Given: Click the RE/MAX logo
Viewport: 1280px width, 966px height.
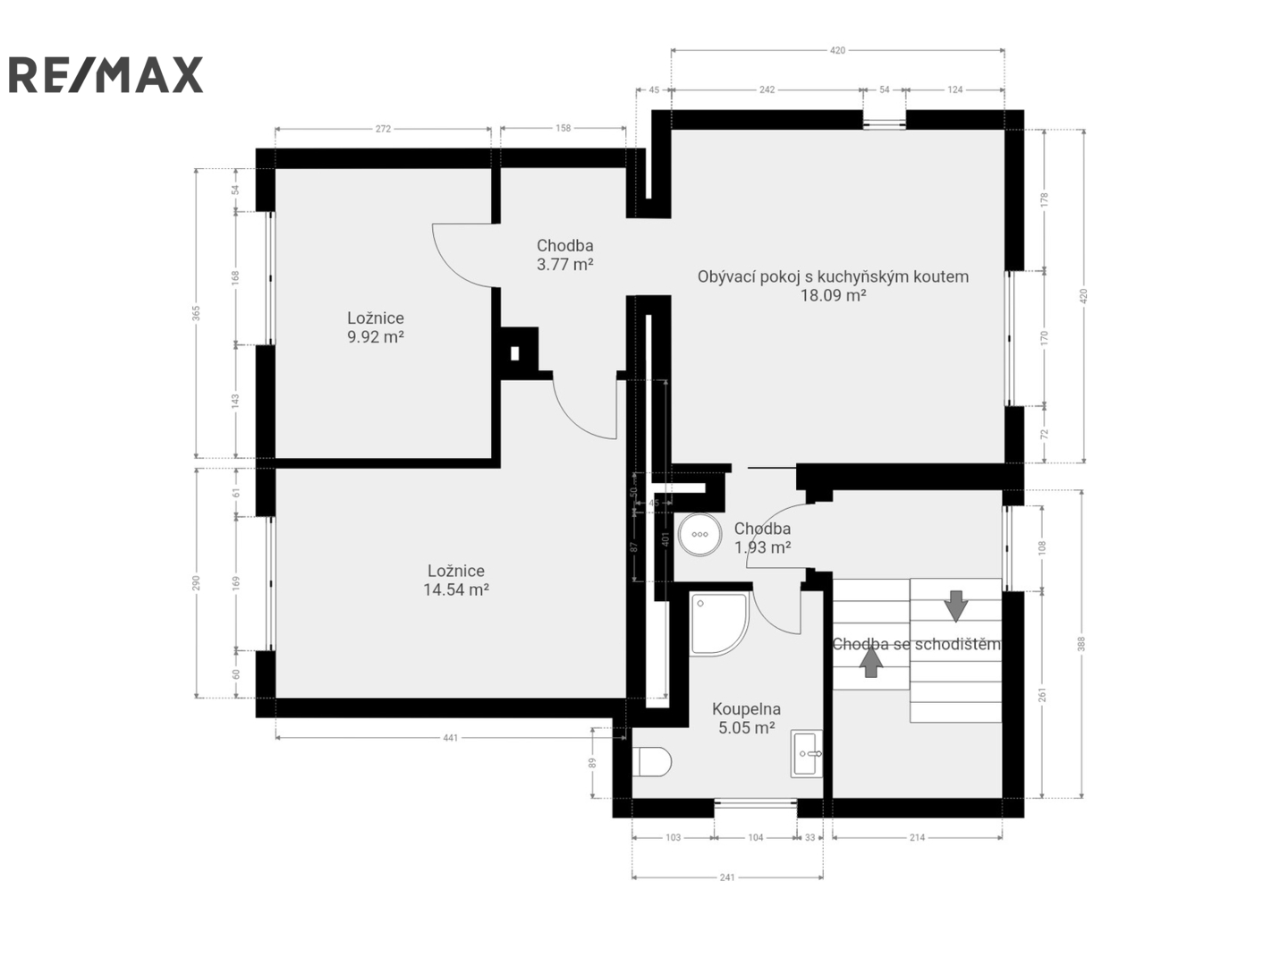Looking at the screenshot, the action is pos(106,74).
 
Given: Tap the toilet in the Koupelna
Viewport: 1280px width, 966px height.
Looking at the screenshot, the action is pos(652,761).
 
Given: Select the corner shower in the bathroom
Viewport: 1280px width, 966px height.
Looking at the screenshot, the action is pos(718,623).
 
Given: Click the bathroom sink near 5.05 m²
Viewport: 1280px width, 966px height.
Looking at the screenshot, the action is pos(807,752).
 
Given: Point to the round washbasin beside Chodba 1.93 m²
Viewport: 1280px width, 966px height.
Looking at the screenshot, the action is pos(699,534).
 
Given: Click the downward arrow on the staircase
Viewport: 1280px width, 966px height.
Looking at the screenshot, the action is pos(956,606).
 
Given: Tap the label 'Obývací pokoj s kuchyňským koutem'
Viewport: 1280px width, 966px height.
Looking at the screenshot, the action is pos(833,276).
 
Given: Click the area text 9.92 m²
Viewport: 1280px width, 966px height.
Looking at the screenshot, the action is pos(376,337).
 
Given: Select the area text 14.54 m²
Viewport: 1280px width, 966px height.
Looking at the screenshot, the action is pos(456,589).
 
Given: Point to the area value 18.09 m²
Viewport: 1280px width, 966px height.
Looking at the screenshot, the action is pos(833,295).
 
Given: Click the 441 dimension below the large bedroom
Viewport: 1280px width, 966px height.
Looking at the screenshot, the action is pos(450,738).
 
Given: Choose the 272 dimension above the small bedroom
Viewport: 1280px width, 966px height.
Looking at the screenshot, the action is pos(383,129).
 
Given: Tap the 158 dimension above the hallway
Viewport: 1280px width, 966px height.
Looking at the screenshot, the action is pos(563,128).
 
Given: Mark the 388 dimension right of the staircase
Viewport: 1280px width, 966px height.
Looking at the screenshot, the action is pos(1081,644).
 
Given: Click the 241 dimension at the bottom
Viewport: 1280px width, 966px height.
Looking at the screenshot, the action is pos(726,877).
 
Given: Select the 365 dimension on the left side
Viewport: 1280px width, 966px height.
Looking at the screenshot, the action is pos(196,313).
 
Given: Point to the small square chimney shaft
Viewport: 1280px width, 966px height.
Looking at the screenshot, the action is pos(515,353).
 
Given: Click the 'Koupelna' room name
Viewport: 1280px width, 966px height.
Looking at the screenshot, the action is pos(746,709).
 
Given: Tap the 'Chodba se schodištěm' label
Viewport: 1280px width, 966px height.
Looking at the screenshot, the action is pos(916,644).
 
